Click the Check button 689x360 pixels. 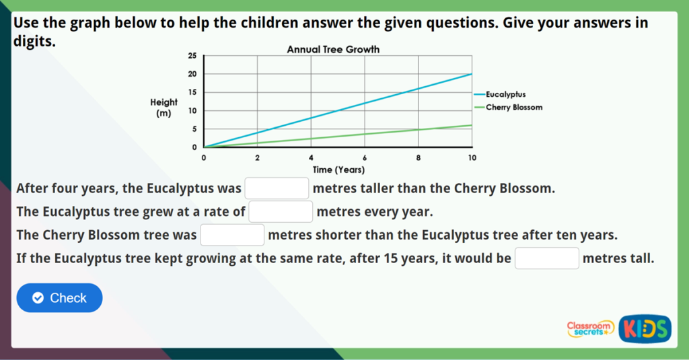[x=59, y=298]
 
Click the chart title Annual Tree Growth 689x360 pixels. [x=333, y=50]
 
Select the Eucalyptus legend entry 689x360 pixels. [x=505, y=95]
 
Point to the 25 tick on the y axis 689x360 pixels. [x=192, y=56]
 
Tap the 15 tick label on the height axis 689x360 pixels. [x=192, y=92]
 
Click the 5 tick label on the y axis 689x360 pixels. [x=194, y=129]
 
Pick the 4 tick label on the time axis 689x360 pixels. [x=311, y=157]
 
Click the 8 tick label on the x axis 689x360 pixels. [x=419, y=157]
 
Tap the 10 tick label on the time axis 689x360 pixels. [x=472, y=157]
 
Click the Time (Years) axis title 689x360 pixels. [x=338, y=170]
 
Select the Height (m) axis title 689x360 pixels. [x=164, y=108]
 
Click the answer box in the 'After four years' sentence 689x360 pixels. [x=277, y=188]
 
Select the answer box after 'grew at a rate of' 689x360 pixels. [x=281, y=212]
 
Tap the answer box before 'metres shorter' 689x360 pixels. [x=232, y=236]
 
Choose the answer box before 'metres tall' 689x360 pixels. [x=546, y=258]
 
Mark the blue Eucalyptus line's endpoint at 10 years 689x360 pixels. [x=472, y=74]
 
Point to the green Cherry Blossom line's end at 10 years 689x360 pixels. [x=472, y=125]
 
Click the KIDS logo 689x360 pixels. [x=645, y=328]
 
